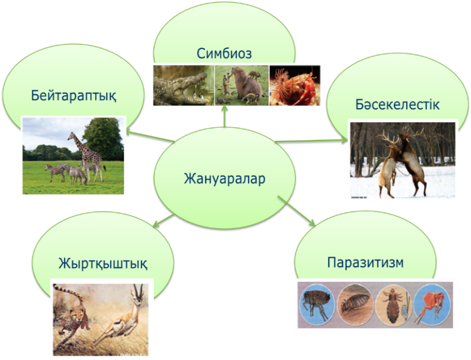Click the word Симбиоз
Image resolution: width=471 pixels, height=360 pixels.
pos(224,53)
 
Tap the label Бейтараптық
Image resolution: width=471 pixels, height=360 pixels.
pos(74,96)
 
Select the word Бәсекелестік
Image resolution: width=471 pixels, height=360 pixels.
pos(397,104)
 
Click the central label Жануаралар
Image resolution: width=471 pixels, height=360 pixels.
pos(224,178)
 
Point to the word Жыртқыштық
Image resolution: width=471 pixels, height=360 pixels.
pos(103,264)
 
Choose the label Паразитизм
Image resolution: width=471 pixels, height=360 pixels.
pos(365,262)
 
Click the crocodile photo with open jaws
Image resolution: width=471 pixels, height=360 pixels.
pos(183,85)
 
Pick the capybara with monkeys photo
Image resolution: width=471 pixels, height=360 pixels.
pos(242,85)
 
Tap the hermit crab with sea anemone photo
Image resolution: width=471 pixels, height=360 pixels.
pos(295,85)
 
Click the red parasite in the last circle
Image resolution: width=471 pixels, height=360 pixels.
pos(432,305)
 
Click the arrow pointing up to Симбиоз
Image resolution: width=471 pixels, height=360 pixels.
pos(224,116)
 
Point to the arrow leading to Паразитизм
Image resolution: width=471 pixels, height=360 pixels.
pos(296,211)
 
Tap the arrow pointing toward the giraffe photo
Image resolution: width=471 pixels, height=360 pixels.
pos(150,136)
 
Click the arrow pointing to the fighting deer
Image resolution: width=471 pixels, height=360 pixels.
pos(312,141)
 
